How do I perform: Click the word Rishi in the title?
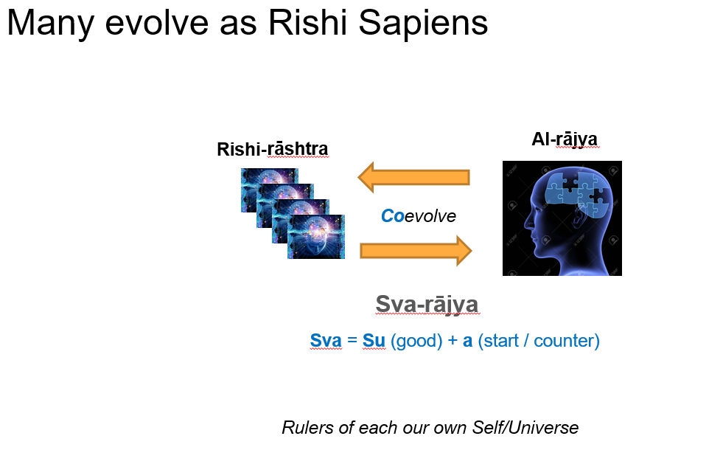307,21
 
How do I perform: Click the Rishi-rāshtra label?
273,149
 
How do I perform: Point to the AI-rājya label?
565,139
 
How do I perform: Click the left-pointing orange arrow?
413,177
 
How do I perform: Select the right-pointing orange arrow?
416,251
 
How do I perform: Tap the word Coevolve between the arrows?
418,215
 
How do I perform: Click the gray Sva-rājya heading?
427,304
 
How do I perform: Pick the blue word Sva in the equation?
326,341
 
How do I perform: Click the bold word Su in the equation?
374,341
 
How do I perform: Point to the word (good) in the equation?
416,341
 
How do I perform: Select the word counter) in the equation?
567,341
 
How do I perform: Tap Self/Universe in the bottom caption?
525,427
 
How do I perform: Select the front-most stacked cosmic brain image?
316,236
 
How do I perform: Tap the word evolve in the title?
157,21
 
